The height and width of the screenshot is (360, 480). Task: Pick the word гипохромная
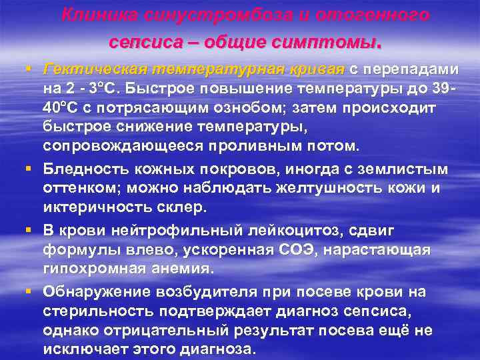pyautogui.click(x=91, y=267)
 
